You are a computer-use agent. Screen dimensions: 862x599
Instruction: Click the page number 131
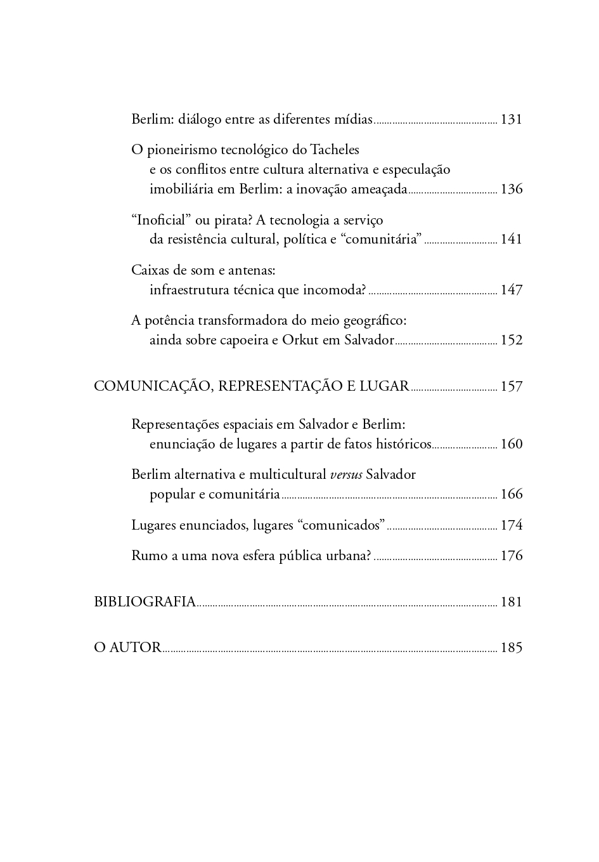coord(511,119)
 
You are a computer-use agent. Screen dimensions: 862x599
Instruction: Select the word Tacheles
coord(335,150)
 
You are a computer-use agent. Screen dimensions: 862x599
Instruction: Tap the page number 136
coord(511,189)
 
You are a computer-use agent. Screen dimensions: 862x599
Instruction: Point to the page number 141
coord(511,239)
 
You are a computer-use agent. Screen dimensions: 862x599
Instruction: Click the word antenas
coord(253,270)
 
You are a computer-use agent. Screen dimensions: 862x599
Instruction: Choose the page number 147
coord(511,290)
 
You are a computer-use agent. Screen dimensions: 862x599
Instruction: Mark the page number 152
coord(511,340)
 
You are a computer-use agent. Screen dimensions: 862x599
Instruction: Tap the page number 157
coord(511,386)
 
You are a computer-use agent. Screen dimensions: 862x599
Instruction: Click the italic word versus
coord(346,475)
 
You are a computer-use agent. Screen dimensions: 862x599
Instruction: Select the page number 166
coord(511,494)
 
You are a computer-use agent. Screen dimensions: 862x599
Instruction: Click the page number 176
coord(511,556)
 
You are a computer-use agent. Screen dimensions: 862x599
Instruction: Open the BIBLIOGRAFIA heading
coord(145,602)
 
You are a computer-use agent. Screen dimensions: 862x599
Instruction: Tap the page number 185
coord(511,648)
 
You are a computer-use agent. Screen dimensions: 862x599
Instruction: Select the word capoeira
coord(244,340)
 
